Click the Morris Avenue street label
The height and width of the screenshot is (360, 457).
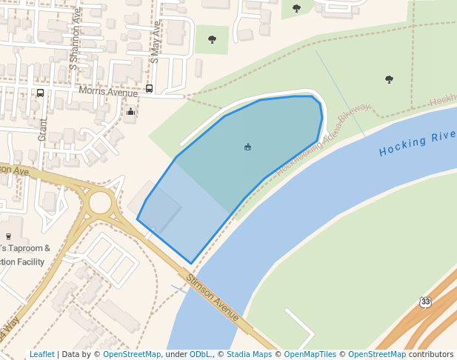tap(109, 93)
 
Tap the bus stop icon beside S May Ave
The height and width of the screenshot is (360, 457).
tap(150, 89)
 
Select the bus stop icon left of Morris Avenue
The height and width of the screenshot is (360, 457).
tap(40, 93)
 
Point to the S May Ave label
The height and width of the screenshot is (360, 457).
tap(156, 41)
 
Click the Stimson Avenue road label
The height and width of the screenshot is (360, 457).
tap(212, 298)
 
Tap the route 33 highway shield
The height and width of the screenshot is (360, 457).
tap(424, 302)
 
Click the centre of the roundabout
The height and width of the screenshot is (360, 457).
tap(100, 202)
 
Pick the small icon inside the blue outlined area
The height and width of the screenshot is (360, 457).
tap(247, 147)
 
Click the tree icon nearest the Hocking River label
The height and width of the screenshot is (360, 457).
tap(389, 79)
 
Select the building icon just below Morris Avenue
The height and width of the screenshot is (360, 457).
tap(131, 112)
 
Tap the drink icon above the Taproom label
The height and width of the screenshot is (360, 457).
tap(9, 236)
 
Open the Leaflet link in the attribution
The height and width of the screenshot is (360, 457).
tap(42, 355)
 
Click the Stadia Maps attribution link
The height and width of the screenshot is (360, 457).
tap(249, 355)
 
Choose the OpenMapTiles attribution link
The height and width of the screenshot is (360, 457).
tap(310, 355)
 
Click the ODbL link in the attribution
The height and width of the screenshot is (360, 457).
tap(201, 355)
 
